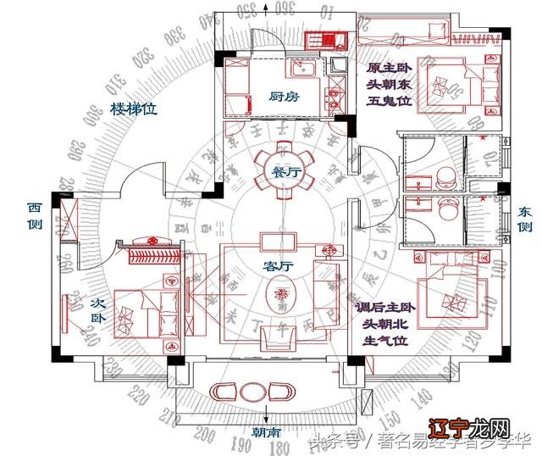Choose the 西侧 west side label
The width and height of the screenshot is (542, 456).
(35, 215)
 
